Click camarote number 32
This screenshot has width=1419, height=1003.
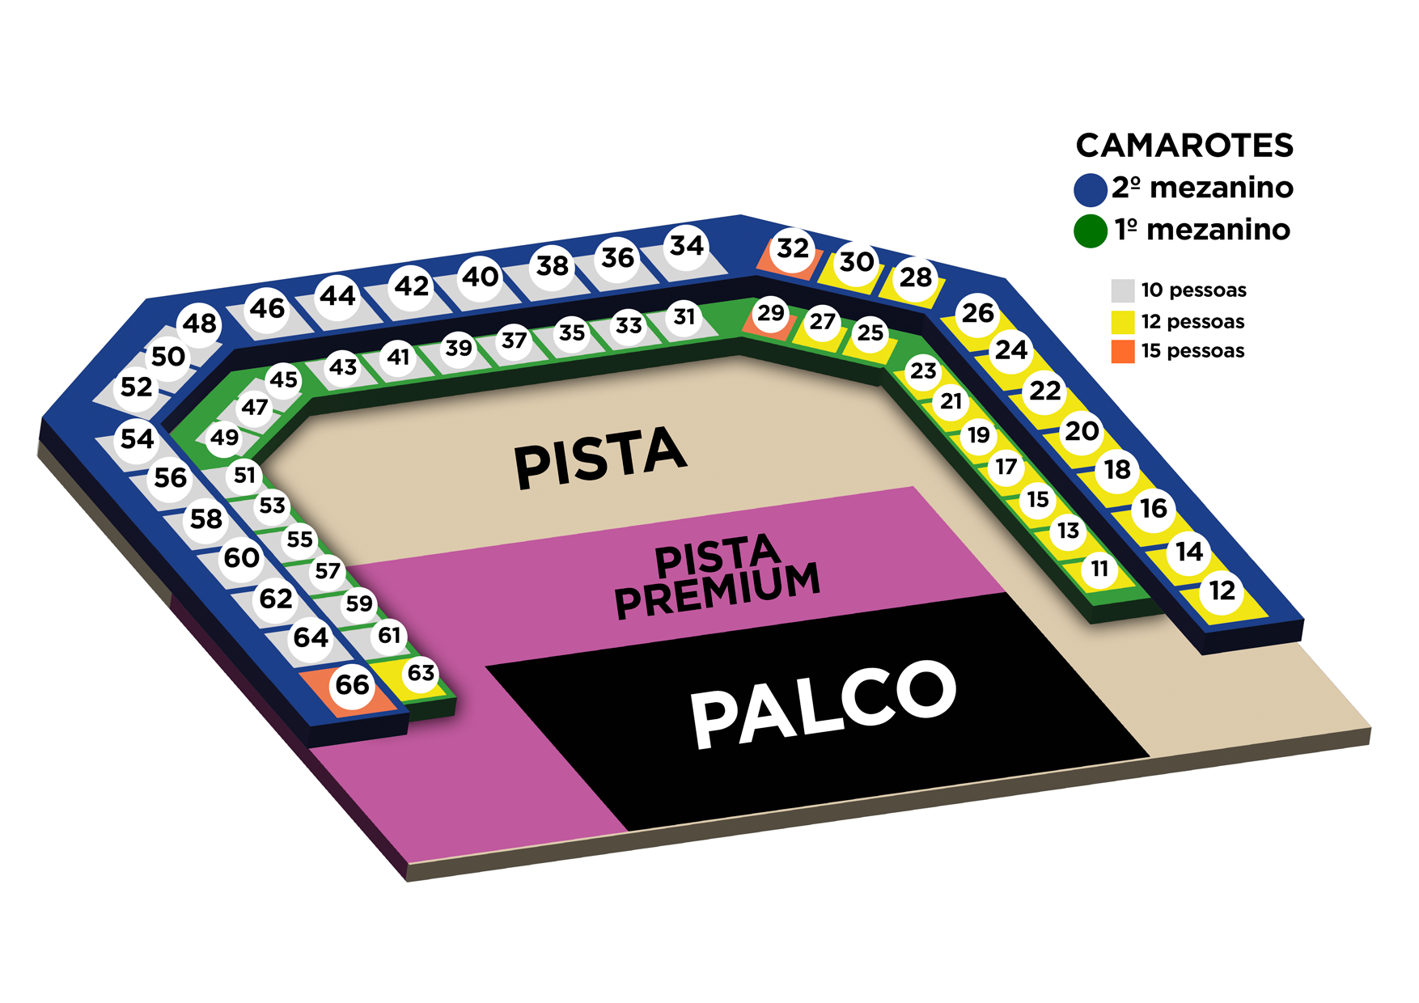793,248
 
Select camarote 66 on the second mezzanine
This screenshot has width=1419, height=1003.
353,685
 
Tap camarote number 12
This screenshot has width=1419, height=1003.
1222,590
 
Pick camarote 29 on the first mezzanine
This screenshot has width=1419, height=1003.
770,312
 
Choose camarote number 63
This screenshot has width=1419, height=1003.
421,673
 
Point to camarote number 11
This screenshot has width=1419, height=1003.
1099,569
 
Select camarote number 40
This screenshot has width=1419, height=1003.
481,277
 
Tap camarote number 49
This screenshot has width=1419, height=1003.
224,438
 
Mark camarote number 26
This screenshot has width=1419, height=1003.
977,312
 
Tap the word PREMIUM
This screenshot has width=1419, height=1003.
718,590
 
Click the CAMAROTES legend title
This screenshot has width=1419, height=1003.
1184,146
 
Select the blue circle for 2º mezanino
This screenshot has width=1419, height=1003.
1090,190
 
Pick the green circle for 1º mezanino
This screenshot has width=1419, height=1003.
1090,231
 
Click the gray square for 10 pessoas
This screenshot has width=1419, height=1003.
1122,290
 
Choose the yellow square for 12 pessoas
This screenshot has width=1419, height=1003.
1122,322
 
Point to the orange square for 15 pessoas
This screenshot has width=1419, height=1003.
1122,351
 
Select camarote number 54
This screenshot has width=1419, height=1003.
137,438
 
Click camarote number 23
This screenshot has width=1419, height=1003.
923,370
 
